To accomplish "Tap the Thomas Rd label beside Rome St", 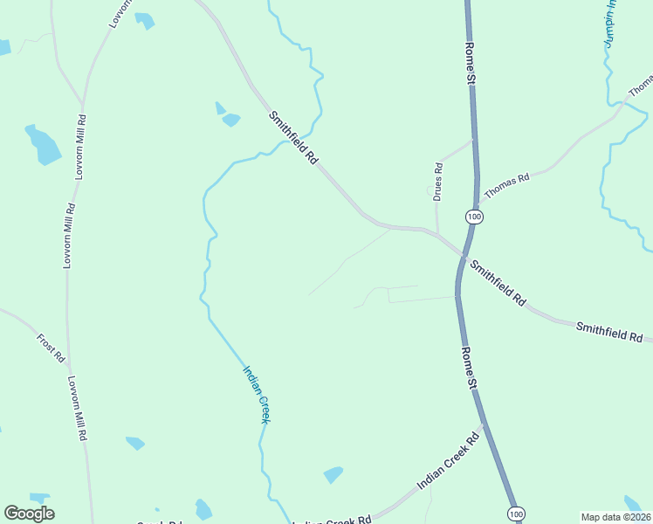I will pyautogui.click(x=507, y=185).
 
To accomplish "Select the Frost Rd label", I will pyautogui.click(x=51, y=348).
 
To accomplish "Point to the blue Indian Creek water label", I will pyautogui.click(x=256, y=395).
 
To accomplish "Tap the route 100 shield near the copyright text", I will pyautogui.click(x=517, y=514).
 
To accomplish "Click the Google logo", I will pyautogui.click(x=29, y=514).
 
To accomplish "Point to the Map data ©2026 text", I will pyautogui.click(x=616, y=517).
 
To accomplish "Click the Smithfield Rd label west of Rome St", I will pyautogui.click(x=292, y=137).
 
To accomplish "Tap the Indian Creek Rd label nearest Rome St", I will pyautogui.click(x=449, y=463).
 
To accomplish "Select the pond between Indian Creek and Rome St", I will pyautogui.click(x=333, y=475).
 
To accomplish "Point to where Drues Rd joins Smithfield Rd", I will pyautogui.click(x=437, y=232).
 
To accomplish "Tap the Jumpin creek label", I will pyautogui.click(x=609, y=26).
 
